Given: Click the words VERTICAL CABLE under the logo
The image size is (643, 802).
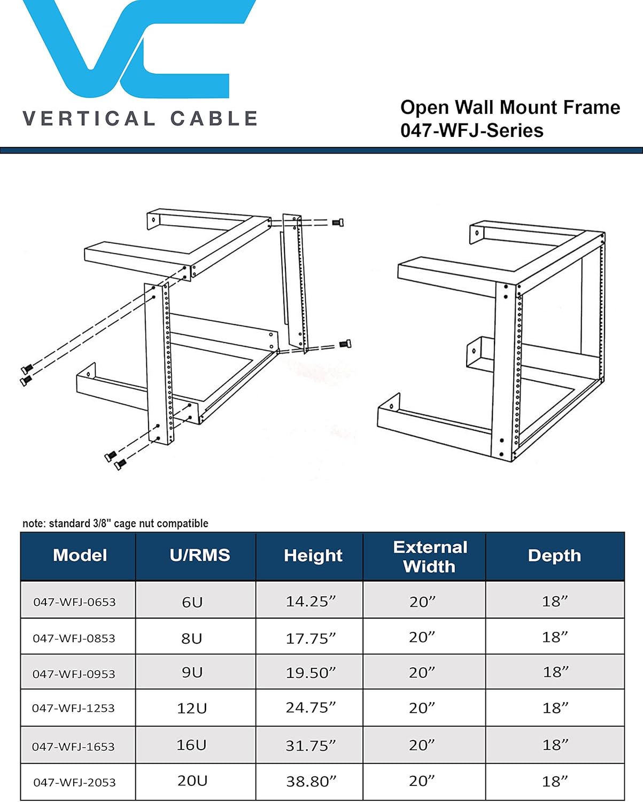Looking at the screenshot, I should [x=140, y=119].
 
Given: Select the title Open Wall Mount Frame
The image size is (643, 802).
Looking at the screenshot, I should [x=510, y=107].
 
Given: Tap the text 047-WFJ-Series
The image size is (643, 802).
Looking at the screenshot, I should [x=471, y=130].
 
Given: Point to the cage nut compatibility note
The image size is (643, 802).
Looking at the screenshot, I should [x=115, y=523].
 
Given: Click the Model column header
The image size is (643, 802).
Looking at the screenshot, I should [x=80, y=556].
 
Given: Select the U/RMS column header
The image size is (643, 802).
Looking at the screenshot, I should [x=199, y=556].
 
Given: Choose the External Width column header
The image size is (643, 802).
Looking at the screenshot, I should [x=430, y=557].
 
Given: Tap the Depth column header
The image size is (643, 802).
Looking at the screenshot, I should [x=554, y=556].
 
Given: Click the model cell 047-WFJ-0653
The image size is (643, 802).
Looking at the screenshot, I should [x=74, y=602].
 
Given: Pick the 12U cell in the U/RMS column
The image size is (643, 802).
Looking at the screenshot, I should [x=192, y=708].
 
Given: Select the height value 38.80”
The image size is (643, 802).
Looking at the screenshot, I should [x=311, y=782].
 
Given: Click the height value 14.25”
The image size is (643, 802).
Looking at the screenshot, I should [x=311, y=601].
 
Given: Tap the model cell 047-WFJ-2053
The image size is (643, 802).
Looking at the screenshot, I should [x=74, y=782].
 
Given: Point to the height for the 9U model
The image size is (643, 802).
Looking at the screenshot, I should [x=311, y=673].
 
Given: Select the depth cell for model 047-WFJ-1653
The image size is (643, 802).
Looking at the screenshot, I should [x=555, y=745].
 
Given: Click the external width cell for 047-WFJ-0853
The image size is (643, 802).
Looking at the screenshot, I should [x=422, y=637].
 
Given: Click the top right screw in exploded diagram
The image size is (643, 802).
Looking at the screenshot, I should [x=337, y=222].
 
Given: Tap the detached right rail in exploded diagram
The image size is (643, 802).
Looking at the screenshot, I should [x=296, y=283].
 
